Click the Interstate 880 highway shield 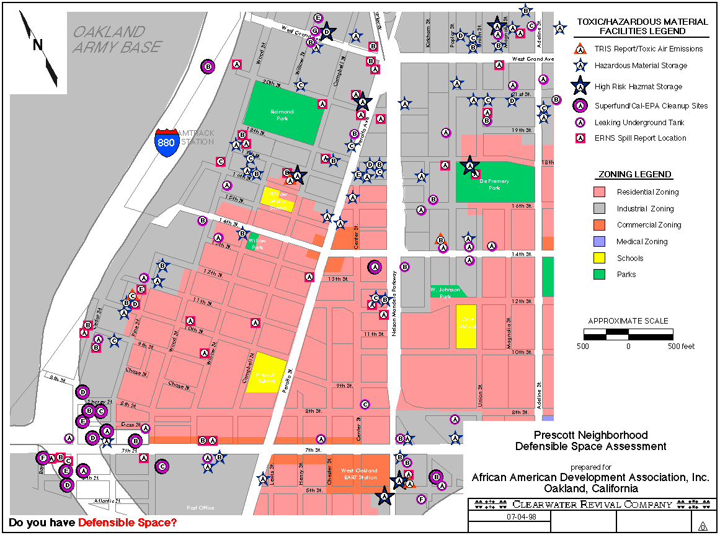pos(166,141)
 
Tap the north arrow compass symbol pos(38,48)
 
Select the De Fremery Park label pos(494,184)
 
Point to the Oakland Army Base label pos(117,39)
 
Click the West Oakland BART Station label pos(359,474)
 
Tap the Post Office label pos(200,508)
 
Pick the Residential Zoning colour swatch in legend pos(599,192)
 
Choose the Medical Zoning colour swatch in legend pos(599,242)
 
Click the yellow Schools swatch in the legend pos(599,259)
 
